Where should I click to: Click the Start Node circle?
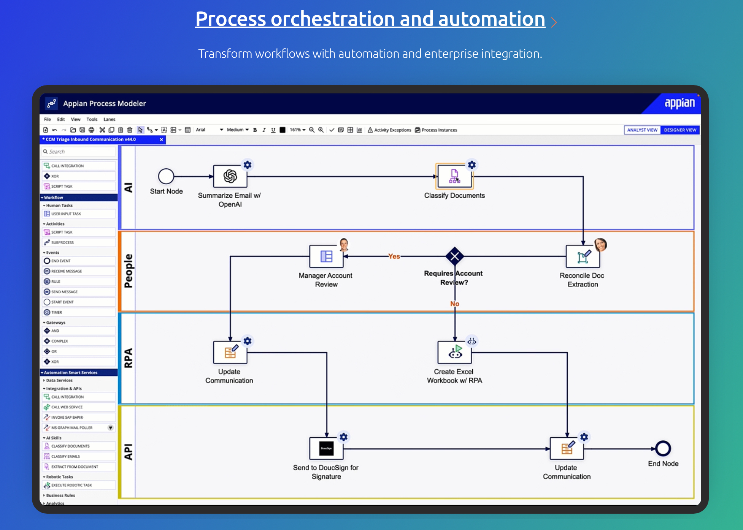(166, 176)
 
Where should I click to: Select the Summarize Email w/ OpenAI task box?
(230, 176)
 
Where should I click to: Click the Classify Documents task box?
(454, 176)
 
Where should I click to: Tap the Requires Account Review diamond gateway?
(454, 256)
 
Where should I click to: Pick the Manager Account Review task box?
(326, 256)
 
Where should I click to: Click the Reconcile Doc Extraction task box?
(583, 256)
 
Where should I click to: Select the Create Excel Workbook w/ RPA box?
(454, 353)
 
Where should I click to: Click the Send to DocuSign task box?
(326, 449)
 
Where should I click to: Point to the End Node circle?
(663, 449)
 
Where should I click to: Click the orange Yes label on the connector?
(394, 256)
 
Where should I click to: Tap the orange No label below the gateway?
(454, 304)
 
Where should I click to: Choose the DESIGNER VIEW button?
(680, 130)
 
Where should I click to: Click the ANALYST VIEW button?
(642, 130)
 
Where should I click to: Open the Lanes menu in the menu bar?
(109, 119)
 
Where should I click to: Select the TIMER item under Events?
(57, 312)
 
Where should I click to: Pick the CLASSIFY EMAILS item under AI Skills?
(65, 456)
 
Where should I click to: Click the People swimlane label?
(129, 271)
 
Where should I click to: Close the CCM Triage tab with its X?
(161, 139)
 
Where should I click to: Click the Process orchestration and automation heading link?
(370, 19)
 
